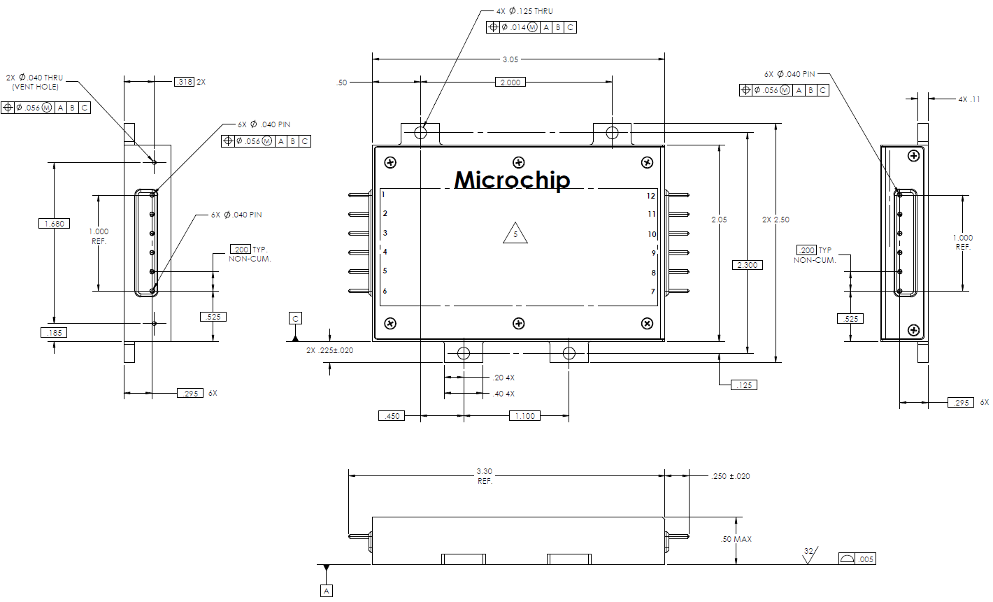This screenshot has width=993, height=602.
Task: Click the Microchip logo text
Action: point(512,180)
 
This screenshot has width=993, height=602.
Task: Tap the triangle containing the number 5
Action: point(515,234)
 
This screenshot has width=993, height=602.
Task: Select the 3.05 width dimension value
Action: point(510,59)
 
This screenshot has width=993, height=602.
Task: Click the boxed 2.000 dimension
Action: point(510,83)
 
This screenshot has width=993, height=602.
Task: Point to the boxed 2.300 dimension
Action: point(747,265)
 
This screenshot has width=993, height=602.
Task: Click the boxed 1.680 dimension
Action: point(54,224)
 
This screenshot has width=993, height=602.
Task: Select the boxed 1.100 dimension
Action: point(524,416)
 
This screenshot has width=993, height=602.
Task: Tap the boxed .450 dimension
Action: point(392,416)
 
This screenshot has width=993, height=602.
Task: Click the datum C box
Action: point(295,319)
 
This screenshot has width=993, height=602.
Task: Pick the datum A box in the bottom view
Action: point(327,591)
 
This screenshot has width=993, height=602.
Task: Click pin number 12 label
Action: point(651,196)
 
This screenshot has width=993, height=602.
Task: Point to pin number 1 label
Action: point(383,194)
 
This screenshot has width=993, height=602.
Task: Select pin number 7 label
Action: point(653,292)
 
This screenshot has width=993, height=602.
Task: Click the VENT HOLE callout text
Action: point(35,87)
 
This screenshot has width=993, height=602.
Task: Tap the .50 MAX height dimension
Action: point(736,539)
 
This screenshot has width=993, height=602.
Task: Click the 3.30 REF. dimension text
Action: point(484,476)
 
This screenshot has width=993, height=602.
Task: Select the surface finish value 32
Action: point(808,552)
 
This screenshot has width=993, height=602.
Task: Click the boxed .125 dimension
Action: point(744,385)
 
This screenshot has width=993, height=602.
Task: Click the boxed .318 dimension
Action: point(184,82)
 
